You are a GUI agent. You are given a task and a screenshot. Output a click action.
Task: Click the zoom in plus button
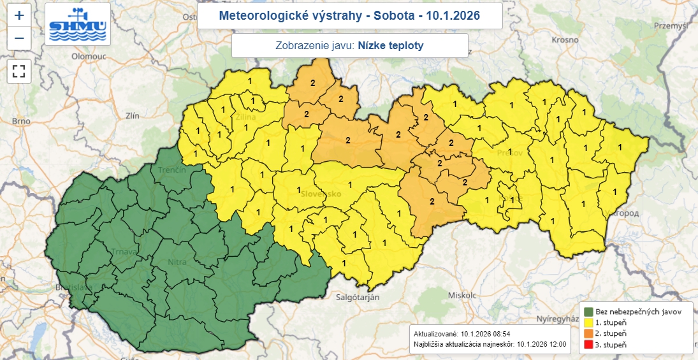[19, 15]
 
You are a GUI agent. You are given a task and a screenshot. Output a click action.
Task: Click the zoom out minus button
[19, 38]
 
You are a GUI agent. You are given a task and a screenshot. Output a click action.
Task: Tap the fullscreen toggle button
[19, 71]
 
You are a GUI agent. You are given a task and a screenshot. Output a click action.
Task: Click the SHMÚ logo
[78, 24]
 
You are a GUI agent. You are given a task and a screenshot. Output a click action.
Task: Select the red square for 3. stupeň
[588, 345]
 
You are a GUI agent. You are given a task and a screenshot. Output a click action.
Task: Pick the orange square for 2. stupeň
[588, 334]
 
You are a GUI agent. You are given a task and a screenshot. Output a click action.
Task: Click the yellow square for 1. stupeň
[588, 323]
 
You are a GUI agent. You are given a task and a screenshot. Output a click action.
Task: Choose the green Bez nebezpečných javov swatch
[588, 312]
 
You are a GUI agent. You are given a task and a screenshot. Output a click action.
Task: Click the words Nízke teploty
[390, 46]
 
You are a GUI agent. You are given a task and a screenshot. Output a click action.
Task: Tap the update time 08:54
[498, 334]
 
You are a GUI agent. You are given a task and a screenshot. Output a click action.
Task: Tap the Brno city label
[21, 120]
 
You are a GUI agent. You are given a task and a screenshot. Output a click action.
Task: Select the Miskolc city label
[462, 296]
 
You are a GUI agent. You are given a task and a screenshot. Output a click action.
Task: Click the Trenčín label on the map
[172, 170]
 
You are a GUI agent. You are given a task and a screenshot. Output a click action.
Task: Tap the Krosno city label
[564, 39]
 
